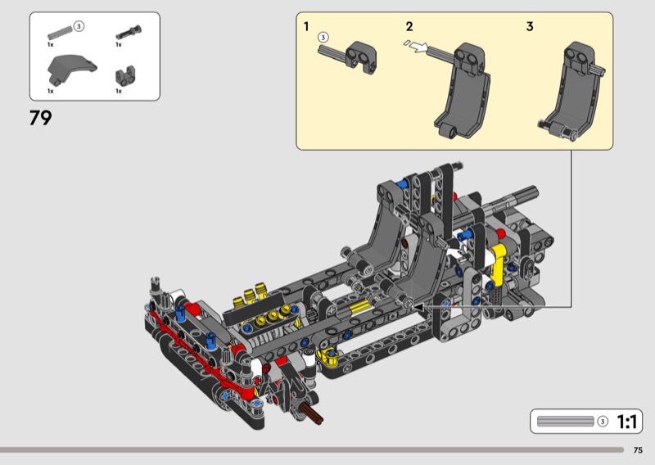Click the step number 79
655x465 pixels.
tap(40, 118)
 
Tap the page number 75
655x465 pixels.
tap(638, 450)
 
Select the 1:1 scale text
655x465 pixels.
tap(627, 422)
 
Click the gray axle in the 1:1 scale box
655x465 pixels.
tap(565, 421)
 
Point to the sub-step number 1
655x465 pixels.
tap(306, 27)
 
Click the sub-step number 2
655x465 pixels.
tap(409, 27)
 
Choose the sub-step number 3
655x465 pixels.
tap(530, 27)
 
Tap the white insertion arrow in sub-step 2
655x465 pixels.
tap(419, 47)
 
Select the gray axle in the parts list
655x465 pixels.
tap(60, 33)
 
